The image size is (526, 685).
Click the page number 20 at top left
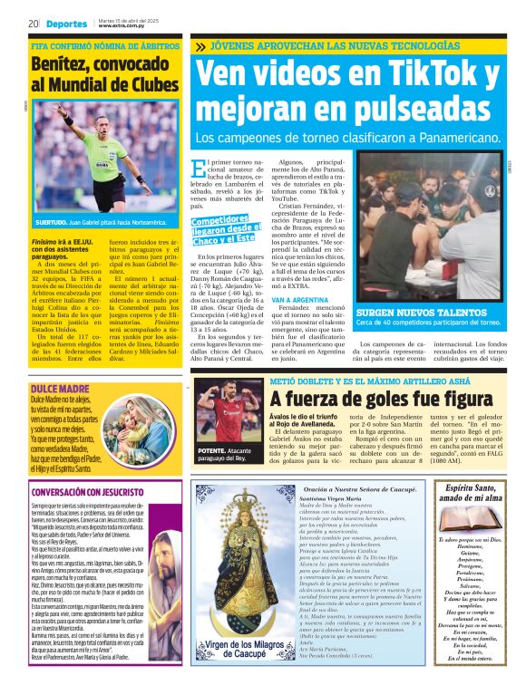coord(33,24)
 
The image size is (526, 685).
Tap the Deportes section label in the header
coord(67,24)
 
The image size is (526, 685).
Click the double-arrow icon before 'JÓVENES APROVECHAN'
coord(199,45)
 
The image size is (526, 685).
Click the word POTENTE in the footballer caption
coord(210,450)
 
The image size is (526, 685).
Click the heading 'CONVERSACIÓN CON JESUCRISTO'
coord(91,492)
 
